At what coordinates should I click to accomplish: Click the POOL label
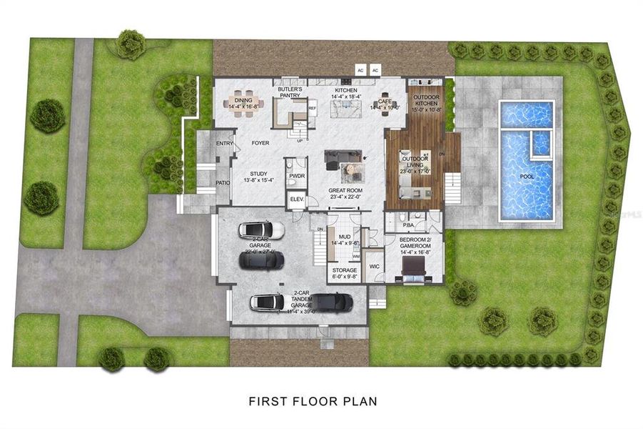point(527,176)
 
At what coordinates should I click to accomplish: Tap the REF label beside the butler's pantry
point(312,109)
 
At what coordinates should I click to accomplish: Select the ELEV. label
point(295,199)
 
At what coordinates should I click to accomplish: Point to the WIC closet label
point(374,267)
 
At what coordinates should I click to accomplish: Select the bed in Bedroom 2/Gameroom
point(415,269)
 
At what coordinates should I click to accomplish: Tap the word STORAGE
point(344,270)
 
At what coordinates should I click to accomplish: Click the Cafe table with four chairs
point(385,105)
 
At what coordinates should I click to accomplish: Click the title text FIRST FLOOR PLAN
point(312,401)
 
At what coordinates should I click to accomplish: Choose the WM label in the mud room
point(355,255)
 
